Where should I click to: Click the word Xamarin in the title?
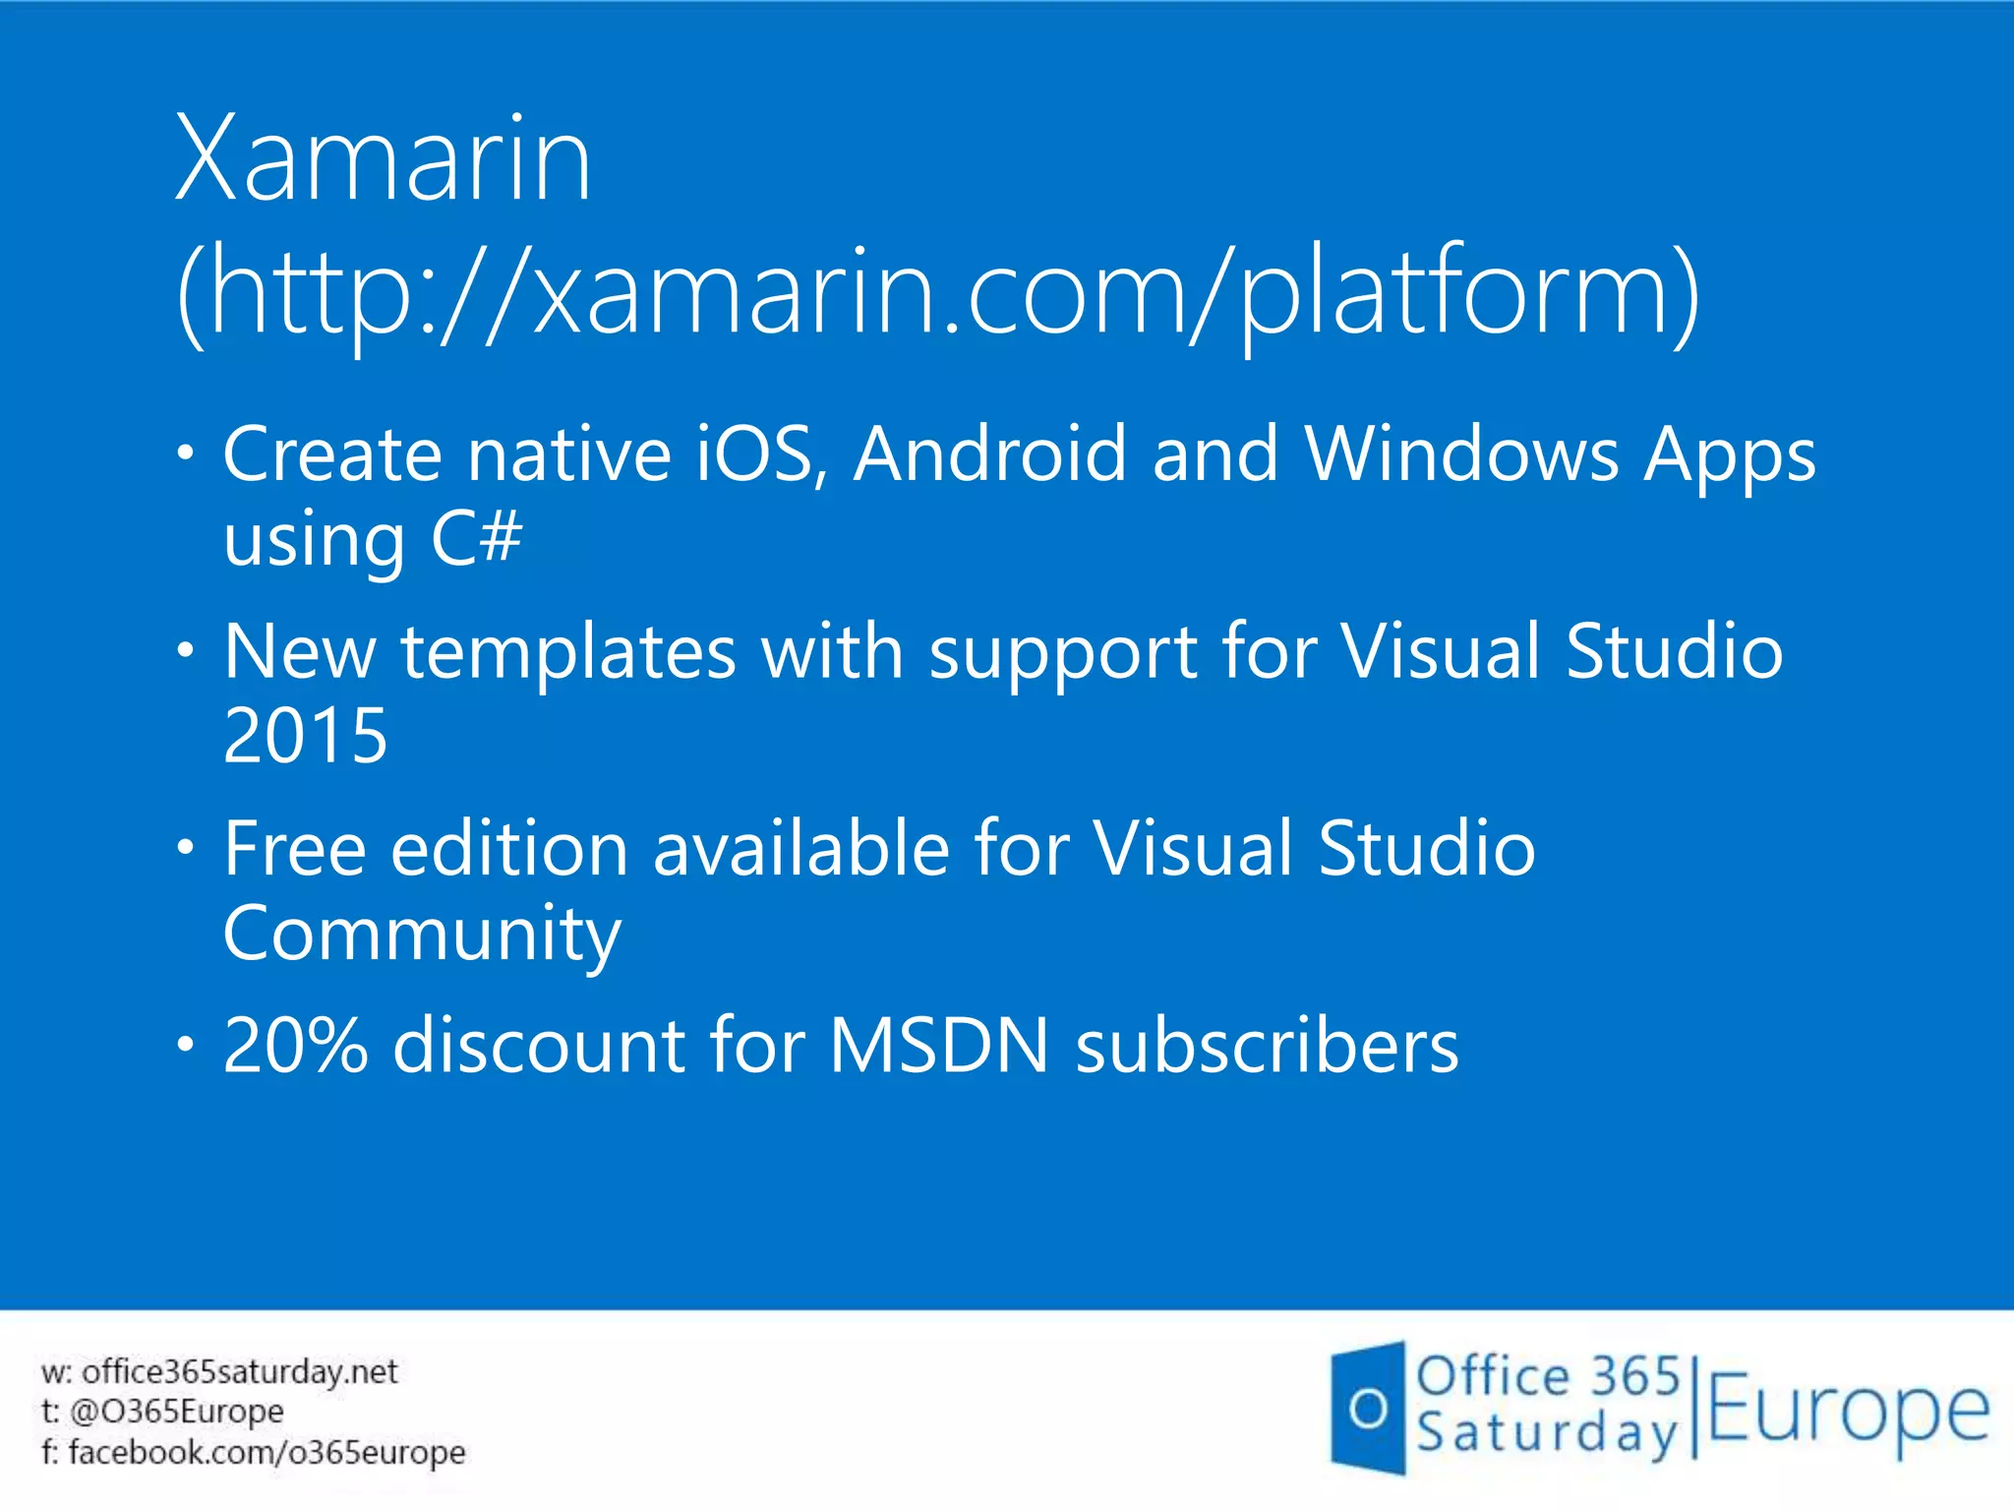coord(384,159)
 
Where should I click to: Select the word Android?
coord(989,454)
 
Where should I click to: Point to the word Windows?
coord(1461,454)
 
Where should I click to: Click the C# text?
coord(476,538)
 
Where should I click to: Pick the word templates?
coord(568,652)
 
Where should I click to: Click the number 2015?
coord(306,736)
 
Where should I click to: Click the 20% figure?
coord(295,1046)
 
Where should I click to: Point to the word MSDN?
coord(939,1046)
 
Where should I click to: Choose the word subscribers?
coord(1268,1046)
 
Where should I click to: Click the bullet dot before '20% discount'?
coord(186,1045)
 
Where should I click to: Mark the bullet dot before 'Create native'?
coord(186,453)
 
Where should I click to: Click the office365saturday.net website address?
coord(239,1371)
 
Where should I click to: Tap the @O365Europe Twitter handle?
coord(177,1412)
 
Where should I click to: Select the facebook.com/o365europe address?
coord(267,1452)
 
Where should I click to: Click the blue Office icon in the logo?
coord(1367,1409)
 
